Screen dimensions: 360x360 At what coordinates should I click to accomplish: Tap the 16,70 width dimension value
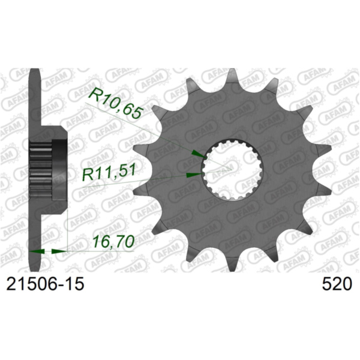pos(112,244)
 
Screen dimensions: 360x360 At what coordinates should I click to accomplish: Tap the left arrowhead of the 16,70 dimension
pos(35,251)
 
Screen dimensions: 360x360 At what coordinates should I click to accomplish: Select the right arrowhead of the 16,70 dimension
pos(61,251)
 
